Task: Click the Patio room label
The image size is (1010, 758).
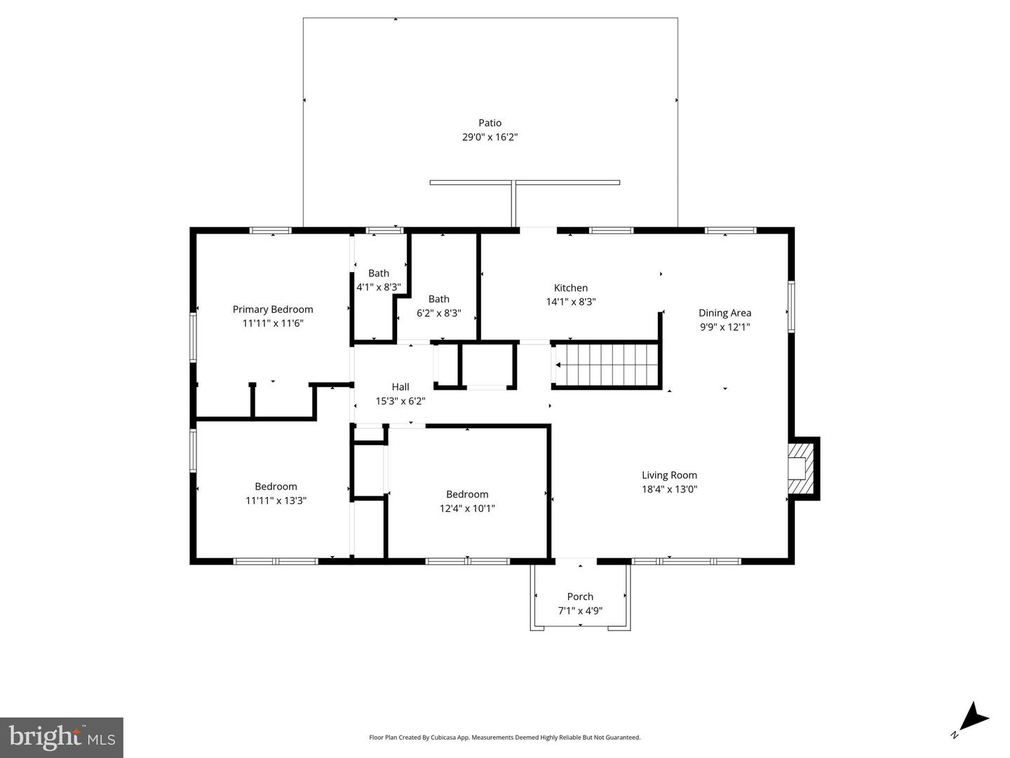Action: click(490, 123)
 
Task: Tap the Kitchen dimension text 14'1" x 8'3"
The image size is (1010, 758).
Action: click(570, 302)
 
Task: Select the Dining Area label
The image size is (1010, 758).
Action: click(725, 313)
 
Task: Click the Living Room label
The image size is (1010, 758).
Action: click(669, 475)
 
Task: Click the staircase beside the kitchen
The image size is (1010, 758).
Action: click(607, 365)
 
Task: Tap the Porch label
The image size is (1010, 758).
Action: click(580, 597)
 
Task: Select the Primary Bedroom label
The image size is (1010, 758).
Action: click(272, 309)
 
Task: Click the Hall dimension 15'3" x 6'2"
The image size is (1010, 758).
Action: click(400, 401)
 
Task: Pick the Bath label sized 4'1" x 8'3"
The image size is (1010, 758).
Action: click(378, 273)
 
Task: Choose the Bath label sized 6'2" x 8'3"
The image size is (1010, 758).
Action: click(438, 299)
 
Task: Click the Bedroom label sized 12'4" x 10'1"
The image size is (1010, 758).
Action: click(466, 494)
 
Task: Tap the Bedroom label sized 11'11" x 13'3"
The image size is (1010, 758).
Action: click(276, 487)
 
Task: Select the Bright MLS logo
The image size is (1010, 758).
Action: click(62, 738)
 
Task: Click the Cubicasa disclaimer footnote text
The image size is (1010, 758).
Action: click(504, 737)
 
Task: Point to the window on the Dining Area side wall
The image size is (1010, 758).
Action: click(791, 307)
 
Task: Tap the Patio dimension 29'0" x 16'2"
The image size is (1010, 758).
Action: click(490, 137)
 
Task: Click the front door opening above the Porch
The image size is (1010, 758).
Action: click(576, 561)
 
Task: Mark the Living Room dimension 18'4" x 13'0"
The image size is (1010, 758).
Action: click(669, 489)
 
